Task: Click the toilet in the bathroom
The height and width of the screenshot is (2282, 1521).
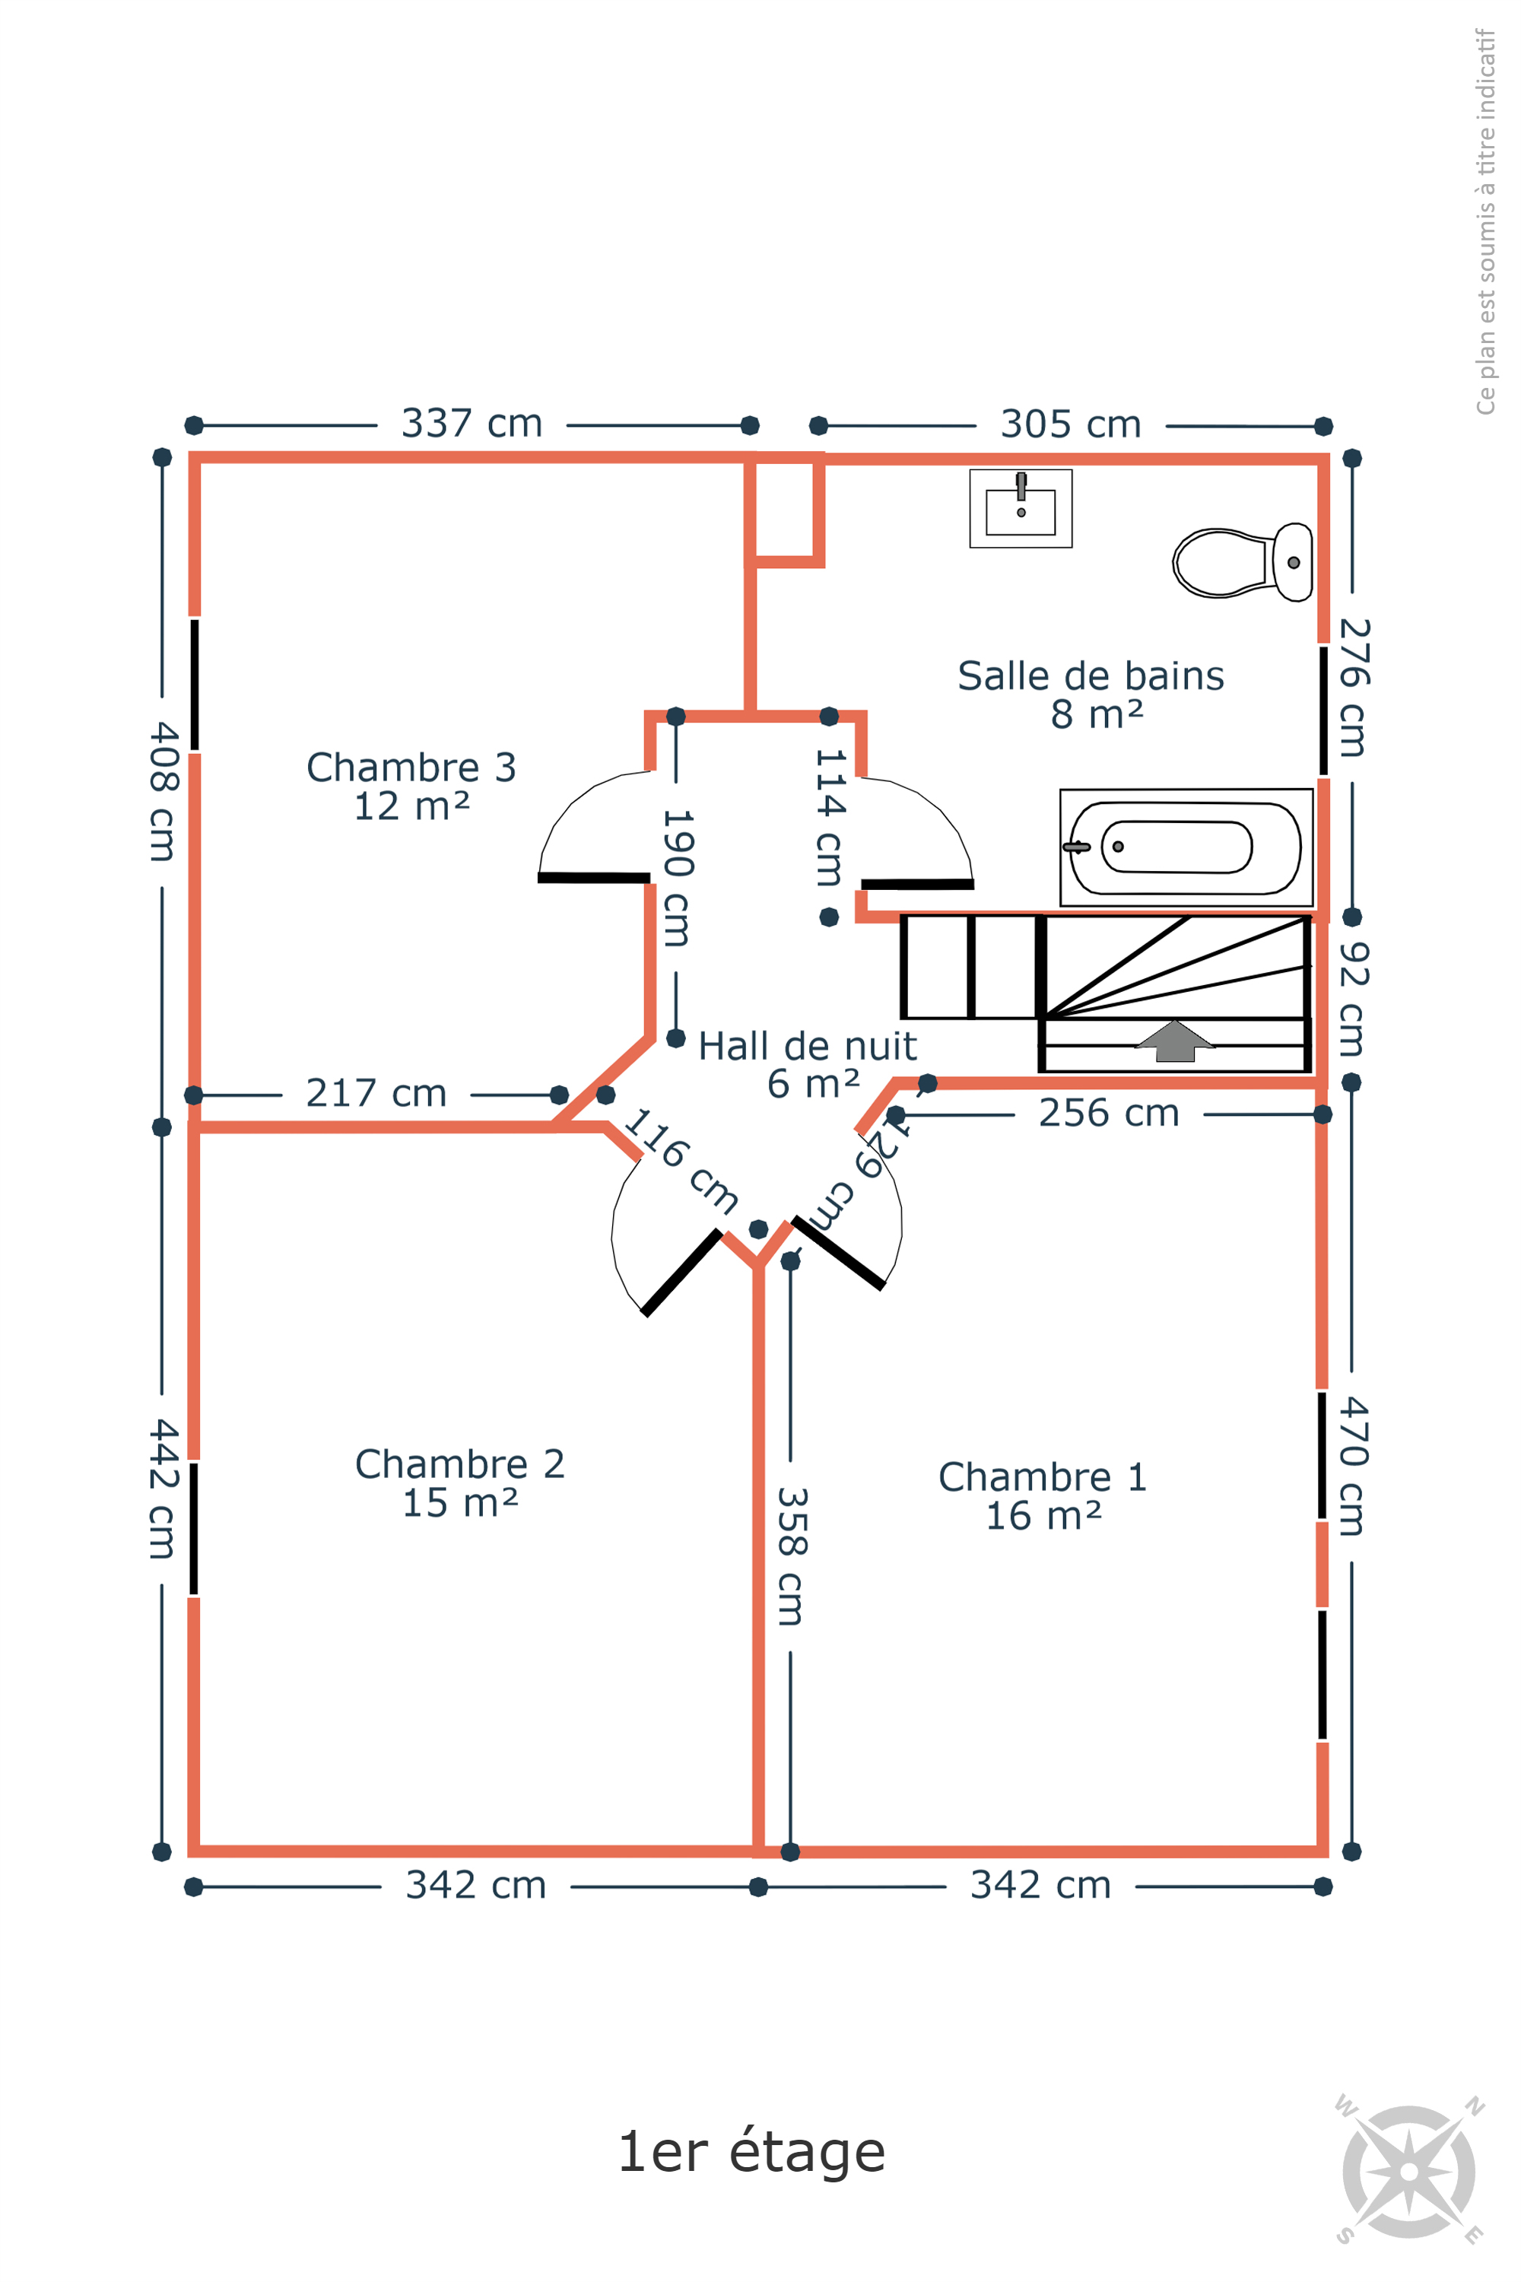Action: tap(1243, 562)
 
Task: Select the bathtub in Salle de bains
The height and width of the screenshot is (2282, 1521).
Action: tap(1186, 847)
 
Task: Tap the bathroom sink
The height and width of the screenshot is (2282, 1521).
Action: tap(1021, 508)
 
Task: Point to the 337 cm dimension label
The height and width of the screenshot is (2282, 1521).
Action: tap(472, 424)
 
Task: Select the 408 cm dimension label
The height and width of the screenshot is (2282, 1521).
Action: tap(163, 791)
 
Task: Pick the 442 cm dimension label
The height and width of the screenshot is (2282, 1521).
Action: tap(163, 1489)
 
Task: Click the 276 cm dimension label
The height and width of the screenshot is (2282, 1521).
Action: tap(1353, 687)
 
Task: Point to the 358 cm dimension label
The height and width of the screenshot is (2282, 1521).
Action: tap(792, 1556)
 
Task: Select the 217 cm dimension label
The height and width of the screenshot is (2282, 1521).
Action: tap(376, 1094)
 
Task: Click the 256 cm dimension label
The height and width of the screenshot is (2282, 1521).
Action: tap(1109, 1113)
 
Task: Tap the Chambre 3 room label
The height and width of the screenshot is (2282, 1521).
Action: tap(411, 786)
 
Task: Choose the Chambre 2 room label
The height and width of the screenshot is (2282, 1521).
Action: tap(460, 1483)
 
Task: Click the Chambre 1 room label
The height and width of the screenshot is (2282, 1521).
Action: tap(1043, 1496)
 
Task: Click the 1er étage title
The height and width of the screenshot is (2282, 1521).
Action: tap(752, 2151)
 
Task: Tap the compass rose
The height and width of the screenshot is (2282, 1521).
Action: tap(1409, 2172)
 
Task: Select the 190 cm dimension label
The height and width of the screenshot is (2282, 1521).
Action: tap(676, 877)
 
